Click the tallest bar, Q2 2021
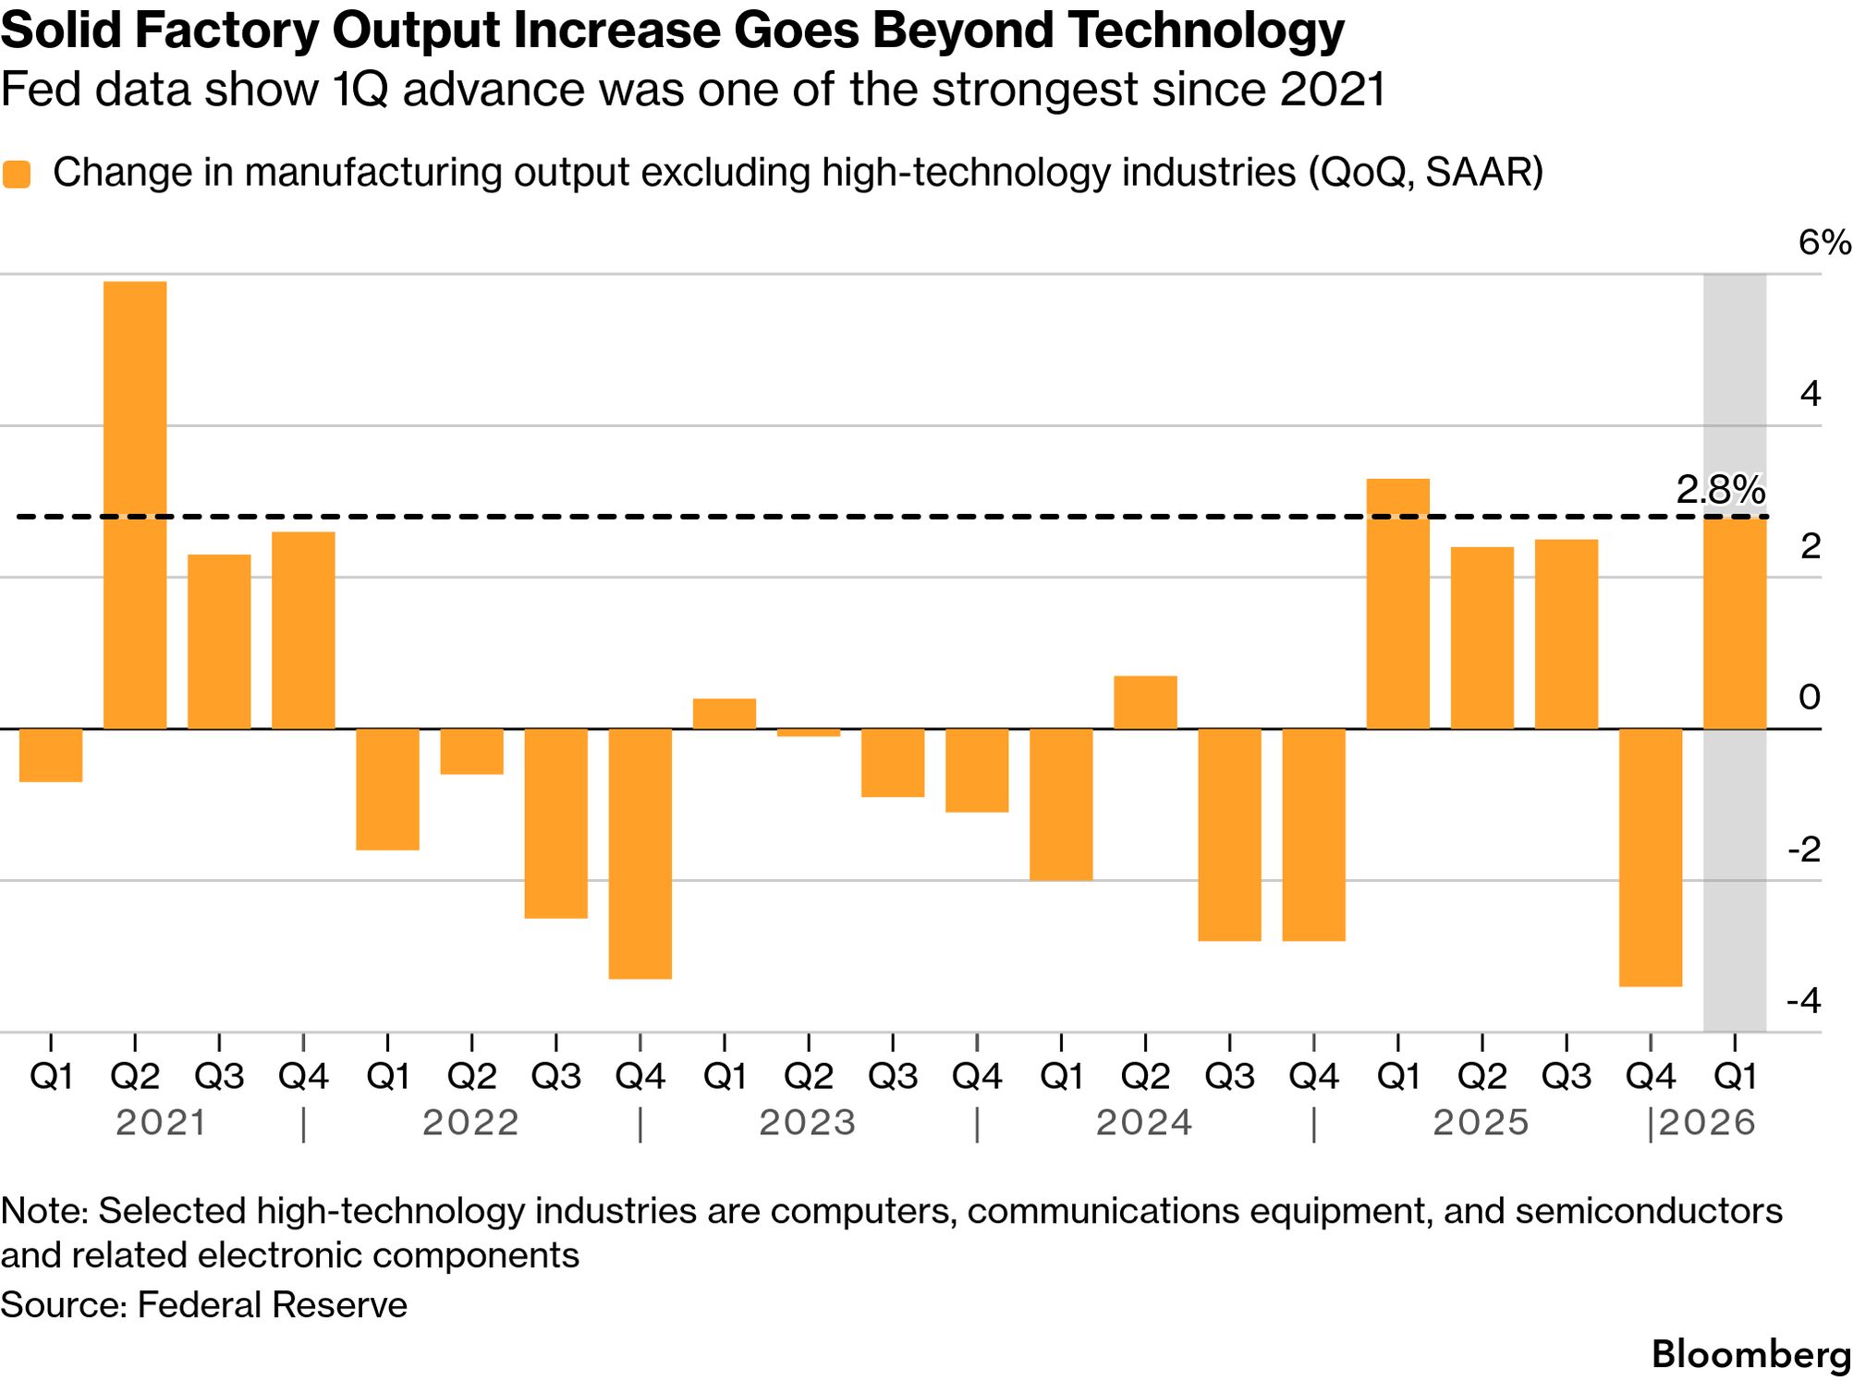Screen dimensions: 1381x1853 click(135, 505)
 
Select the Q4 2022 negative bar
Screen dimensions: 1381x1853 click(640, 852)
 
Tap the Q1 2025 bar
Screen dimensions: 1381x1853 click(1397, 604)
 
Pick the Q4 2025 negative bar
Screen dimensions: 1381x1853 click(1651, 857)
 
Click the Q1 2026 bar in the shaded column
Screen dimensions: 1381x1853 click(1735, 623)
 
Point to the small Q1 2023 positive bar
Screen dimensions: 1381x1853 click(725, 714)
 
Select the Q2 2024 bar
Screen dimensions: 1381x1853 click(1145, 703)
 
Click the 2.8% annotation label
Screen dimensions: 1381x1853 click(1720, 490)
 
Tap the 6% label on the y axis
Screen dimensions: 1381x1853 click(1823, 243)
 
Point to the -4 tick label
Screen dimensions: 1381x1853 click(1803, 1001)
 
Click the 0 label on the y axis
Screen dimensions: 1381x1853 click(1810, 697)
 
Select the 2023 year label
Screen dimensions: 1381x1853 click(808, 1123)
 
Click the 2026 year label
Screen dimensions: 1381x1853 click(1707, 1123)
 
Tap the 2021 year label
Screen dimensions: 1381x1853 click(161, 1123)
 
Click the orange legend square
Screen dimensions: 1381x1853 click(17, 174)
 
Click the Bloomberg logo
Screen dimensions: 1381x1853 click(1750, 1354)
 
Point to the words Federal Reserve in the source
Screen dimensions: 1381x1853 click(272, 1305)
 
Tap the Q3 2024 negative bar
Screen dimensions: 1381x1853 click(1229, 834)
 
